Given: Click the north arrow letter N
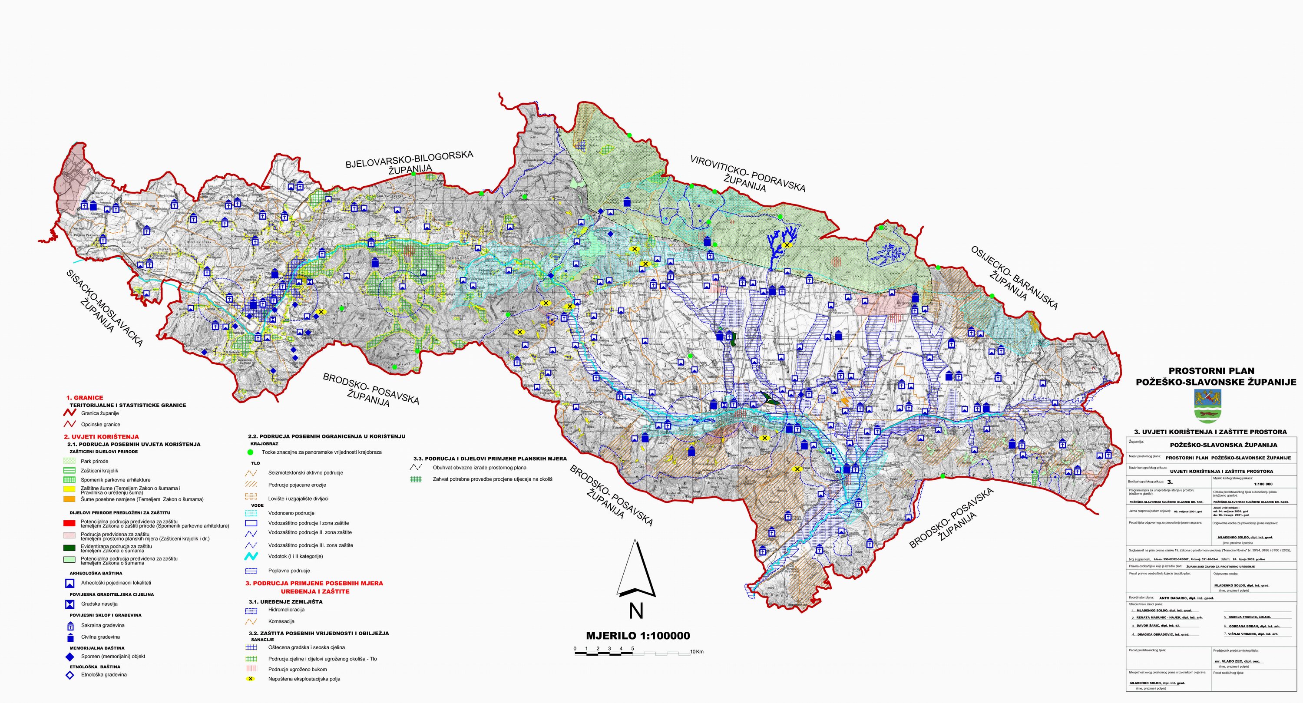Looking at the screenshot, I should pyautogui.click(x=636, y=611).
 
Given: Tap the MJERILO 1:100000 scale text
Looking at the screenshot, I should pyautogui.click(x=637, y=636).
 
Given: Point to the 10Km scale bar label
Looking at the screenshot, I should pyautogui.click(x=697, y=651).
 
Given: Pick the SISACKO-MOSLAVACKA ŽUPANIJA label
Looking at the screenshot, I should pyautogui.click(x=104, y=309).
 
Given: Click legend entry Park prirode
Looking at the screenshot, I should pyautogui.click(x=94, y=461).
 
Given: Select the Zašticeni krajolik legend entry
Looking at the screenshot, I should pyautogui.click(x=99, y=470).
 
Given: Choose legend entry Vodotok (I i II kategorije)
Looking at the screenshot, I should pyautogui.click(x=295, y=556).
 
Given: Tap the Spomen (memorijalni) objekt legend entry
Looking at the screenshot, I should pyautogui.click(x=113, y=657).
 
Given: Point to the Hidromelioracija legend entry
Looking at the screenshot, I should pyautogui.click(x=286, y=610).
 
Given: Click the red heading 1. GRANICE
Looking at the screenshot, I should pyautogui.click(x=84, y=397).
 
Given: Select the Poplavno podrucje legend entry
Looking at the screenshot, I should pyautogui.click(x=289, y=571).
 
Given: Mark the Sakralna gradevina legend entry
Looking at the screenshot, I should pyautogui.click(x=103, y=625).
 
